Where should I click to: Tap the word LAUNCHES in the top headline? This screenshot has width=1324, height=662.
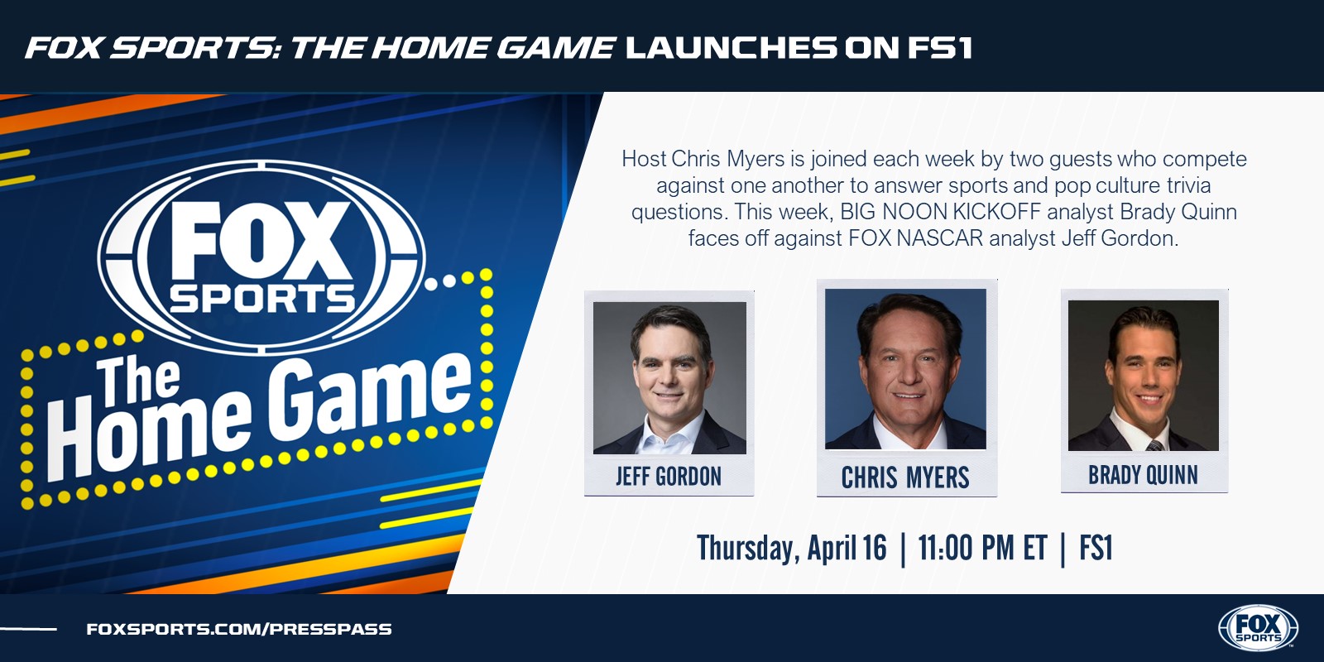[732, 48]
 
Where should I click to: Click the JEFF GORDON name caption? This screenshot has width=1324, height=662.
[669, 477]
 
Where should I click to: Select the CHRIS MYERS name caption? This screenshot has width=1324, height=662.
[905, 477]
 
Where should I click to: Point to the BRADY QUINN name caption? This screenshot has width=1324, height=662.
[1143, 475]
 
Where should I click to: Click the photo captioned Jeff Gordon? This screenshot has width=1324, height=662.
[669, 377]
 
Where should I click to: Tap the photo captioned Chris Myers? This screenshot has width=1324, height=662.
[905, 369]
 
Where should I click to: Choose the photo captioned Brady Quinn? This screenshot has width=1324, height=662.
[1143, 376]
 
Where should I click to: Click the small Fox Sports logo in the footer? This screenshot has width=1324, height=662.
[1258, 628]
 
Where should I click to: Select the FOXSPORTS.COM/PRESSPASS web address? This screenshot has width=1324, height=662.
[239, 629]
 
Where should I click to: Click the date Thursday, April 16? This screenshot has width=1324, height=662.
[791, 548]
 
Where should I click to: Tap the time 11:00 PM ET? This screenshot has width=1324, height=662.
[982, 548]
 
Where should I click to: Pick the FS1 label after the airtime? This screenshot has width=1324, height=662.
[1096, 548]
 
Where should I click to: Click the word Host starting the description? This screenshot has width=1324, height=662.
[644, 159]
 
